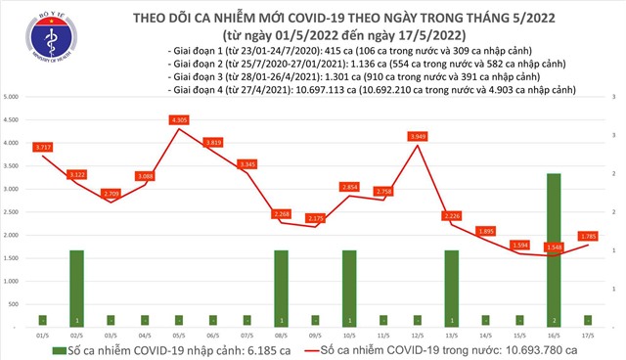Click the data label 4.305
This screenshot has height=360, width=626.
pyautogui.click(x=179, y=119)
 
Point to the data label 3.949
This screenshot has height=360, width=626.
pyautogui.click(x=417, y=136)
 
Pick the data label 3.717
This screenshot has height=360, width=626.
pyautogui.click(x=41, y=147)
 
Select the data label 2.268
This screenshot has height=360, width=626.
pyautogui.click(x=281, y=213)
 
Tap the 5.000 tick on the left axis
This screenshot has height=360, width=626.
pyautogui.click(x=14, y=98)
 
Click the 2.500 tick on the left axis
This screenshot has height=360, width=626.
pyautogui.click(x=14, y=212)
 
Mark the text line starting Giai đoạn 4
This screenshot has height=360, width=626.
pyautogui.click(x=372, y=88)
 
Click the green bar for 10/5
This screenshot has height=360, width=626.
pyautogui.click(x=348, y=288)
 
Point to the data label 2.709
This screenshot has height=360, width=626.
pyautogui.click(x=110, y=194)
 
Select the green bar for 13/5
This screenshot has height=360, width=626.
pyautogui.click(x=451, y=288)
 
